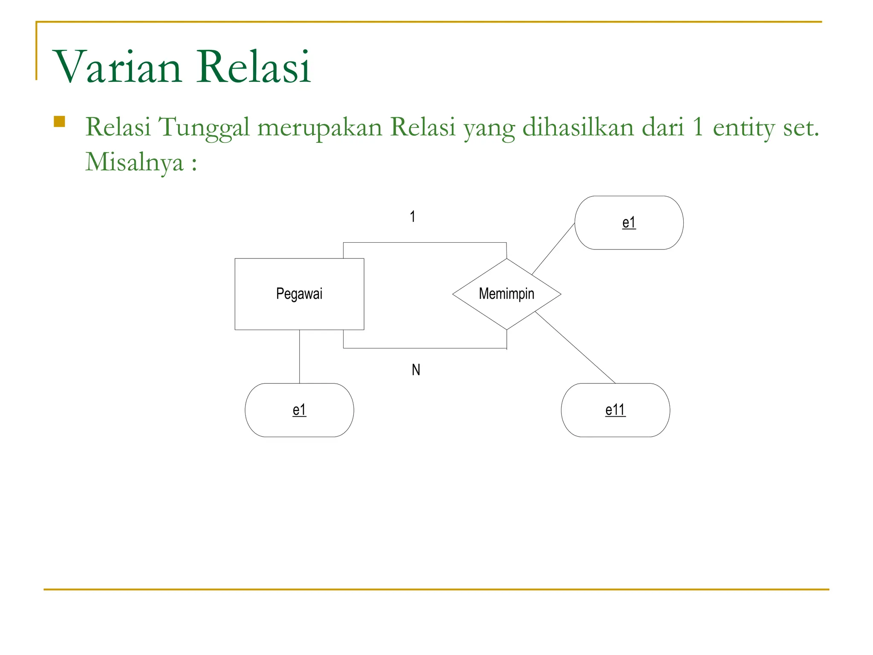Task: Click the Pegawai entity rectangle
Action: (x=299, y=294)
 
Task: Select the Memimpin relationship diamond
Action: (x=506, y=294)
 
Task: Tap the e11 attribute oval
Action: (x=615, y=410)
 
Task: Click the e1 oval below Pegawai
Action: (x=299, y=410)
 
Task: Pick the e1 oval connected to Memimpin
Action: (x=629, y=223)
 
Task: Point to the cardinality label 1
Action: (x=413, y=217)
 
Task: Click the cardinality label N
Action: (x=416, y=370)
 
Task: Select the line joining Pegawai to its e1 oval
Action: (x=299, y=356)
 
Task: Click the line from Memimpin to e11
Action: (x=575, y=348)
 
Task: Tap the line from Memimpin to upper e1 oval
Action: (x=553, y=249)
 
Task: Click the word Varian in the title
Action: (x=118, y=67)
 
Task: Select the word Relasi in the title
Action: (x=254, y=67)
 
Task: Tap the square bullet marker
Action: (x=59, y=122)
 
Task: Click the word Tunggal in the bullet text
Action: (x=204, y=127)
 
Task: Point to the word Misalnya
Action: (x=134, y=162)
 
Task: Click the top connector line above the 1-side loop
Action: (x=425, y=243)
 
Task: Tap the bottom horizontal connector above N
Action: (x=425, y=348)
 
